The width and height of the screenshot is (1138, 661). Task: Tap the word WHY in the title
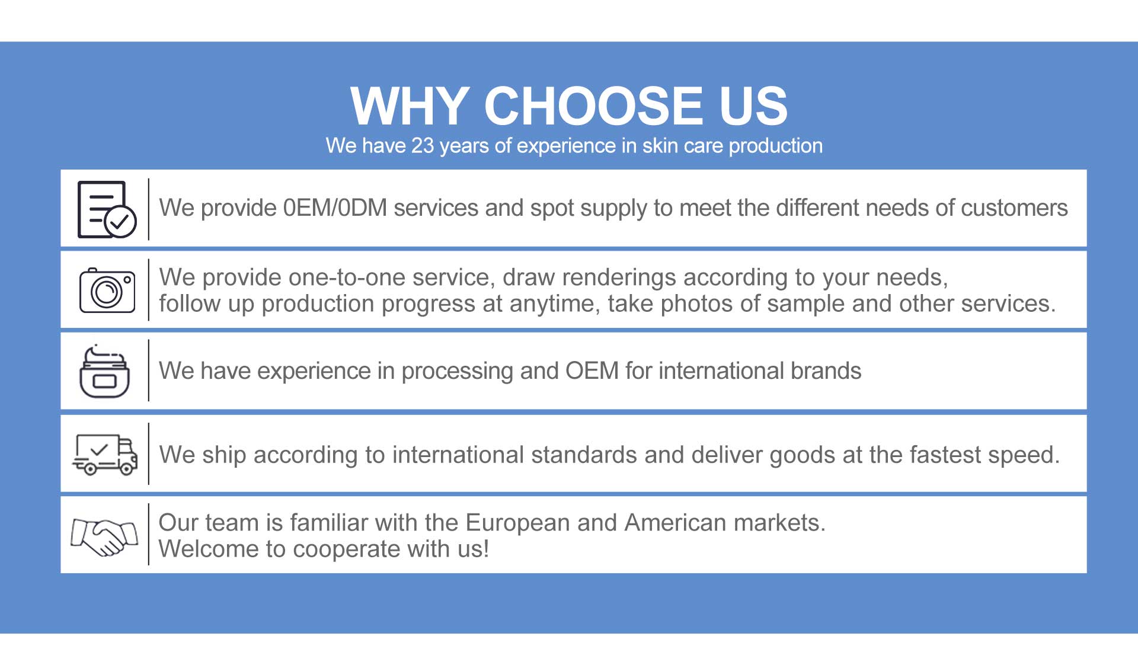pos(410,106)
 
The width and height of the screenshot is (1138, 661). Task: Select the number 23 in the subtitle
pos(423,146)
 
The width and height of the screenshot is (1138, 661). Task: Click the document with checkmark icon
pos(107,209)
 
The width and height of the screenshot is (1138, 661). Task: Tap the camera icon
pos(107,290)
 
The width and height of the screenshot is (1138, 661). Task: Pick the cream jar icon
pos(105,371)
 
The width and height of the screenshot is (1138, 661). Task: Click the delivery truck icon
pos(105,455)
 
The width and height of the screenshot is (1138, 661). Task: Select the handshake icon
pos(104,537)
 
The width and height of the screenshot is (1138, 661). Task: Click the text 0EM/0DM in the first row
pos(335,208)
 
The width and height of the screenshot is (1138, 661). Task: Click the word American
pos(675,523)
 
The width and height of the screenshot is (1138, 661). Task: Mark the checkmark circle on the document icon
pos(120,222)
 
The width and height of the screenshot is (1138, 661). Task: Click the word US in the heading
pos(753,106)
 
